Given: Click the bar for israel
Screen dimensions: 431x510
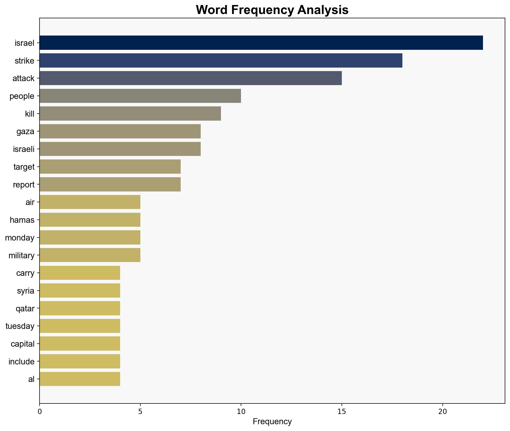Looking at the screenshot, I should pos(261,43).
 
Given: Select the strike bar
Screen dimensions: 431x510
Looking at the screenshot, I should pos(221,61).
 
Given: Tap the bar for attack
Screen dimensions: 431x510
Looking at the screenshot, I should pos(190,78).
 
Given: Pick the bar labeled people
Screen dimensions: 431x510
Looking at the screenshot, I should pos(140,96).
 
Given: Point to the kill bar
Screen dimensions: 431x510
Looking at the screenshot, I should pos(130,114).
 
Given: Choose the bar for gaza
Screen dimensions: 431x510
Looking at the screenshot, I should pos(120,131).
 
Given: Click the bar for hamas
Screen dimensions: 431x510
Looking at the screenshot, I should pos(90,220).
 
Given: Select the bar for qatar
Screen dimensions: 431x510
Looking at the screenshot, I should pos(80,308).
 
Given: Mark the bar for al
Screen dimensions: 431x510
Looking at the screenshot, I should pos(80,379).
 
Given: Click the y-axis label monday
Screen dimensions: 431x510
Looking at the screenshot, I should pos(20,238).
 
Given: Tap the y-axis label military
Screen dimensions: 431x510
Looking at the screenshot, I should pos(22,255).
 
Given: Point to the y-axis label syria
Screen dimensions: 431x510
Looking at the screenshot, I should pos(26,291).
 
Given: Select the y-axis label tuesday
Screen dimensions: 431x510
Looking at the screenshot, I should pos(20,326).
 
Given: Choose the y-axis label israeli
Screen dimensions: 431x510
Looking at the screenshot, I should pos(24,149).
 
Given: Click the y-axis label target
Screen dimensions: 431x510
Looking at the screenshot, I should pos(24,167).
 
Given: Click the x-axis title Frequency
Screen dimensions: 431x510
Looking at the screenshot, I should pos(272,422).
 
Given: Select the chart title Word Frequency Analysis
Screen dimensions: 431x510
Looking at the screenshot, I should pos(272,10).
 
